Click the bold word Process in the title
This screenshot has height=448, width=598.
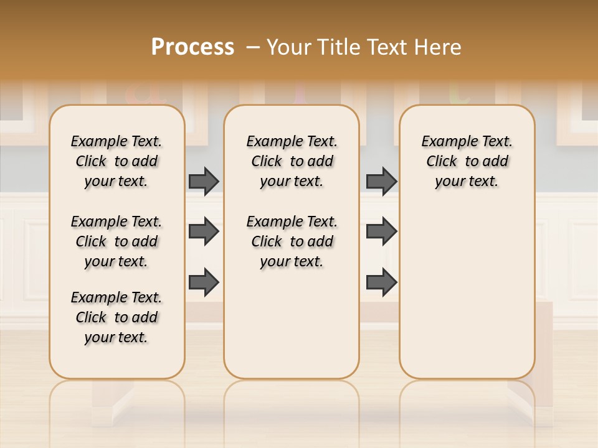(192, 47)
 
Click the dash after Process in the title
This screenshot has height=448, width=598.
(253, 48)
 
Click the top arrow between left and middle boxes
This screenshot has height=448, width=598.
(204, 181)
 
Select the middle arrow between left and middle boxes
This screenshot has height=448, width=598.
(204, 231)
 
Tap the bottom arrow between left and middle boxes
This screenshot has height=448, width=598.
(204, 282)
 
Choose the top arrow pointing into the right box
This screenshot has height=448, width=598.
(381, 181)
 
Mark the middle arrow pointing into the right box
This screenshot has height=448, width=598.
(381, 231)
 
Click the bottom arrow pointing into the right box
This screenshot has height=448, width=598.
(381, 282)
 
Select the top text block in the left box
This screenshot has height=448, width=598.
(116, 161)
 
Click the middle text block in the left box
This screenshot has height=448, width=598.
(116, 241)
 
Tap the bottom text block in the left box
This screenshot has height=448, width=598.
(116, 317)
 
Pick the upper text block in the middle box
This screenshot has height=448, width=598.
(292, 161)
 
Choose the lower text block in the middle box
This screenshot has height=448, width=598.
(292, 241)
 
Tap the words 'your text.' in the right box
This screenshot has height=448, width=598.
(467, 181)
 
